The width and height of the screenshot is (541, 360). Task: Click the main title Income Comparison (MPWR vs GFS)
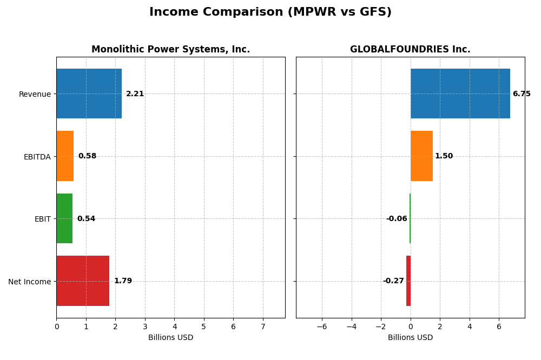point(270,12)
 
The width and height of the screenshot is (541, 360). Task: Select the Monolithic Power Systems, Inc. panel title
point(170,49)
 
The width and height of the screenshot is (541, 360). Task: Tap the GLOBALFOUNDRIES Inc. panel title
point(410,49)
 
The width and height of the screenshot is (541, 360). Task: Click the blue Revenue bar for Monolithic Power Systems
point(89,94)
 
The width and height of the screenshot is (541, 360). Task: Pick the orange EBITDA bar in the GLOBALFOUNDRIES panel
point(421,156)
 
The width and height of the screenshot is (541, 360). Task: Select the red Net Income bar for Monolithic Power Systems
point(83,281)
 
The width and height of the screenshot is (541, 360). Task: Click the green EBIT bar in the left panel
point(64,218)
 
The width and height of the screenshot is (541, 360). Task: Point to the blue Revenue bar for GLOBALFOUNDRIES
point(460,94)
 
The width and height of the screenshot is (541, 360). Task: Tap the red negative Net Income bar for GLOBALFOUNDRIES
point(408,281)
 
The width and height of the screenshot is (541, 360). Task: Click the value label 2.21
point(135,94)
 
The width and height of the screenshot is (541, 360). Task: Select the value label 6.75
point(521,94)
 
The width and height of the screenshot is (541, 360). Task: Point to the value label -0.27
point(393,281)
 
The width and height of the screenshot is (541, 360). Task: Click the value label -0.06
point(397,219)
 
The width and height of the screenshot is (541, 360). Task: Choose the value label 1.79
point(123,281)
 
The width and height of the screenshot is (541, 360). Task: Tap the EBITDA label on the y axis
point(37,157)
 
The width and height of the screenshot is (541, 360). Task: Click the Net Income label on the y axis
point(29,282)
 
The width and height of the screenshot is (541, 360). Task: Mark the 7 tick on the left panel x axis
point(263,326)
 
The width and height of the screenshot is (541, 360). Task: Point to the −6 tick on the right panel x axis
point(321,326)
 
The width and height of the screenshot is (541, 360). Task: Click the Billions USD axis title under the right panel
point(410,338)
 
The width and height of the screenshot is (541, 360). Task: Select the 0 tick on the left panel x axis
point(56,326)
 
